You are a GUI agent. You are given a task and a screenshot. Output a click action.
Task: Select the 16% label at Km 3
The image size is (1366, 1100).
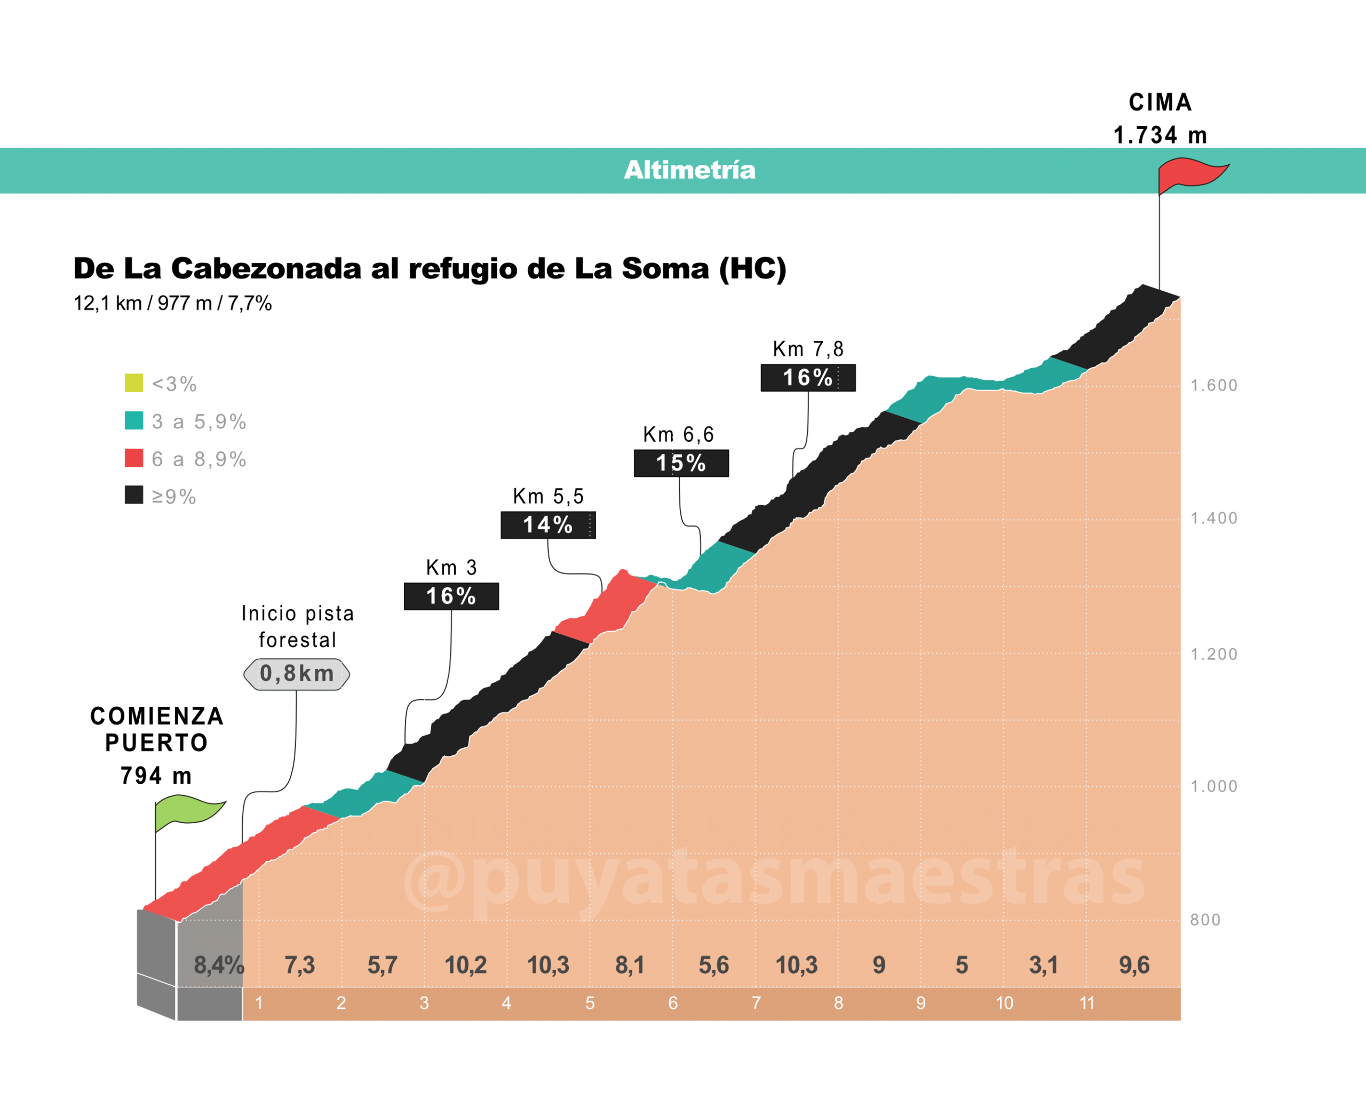(451, 596)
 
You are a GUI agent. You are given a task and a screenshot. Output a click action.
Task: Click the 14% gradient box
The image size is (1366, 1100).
(547, 525)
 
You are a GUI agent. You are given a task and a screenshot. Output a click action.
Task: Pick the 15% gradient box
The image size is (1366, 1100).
(681, 463)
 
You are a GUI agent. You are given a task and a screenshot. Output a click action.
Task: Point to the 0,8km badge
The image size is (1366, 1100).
(297, 674)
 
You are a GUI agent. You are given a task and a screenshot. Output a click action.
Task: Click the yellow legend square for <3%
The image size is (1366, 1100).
(134, 384)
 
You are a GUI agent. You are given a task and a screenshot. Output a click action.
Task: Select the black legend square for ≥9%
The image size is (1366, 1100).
(134, 496)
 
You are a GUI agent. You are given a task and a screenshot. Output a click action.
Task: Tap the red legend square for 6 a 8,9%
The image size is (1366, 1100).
(134, 458)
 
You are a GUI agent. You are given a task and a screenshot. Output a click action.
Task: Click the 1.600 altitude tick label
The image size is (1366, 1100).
(1213, 385)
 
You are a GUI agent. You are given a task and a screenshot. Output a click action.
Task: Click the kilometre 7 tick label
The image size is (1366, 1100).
(756, 1003)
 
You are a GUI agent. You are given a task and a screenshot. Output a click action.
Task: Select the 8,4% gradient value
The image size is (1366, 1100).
(219, 965)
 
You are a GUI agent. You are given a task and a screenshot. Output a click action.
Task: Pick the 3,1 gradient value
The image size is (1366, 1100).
(1043, 965)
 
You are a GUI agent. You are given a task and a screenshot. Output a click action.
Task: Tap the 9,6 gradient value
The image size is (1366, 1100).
(1134, 965)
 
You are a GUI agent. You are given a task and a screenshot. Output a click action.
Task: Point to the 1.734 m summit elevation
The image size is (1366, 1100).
(1160, 135)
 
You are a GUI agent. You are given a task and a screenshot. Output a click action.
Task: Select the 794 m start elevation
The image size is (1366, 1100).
(156, 776)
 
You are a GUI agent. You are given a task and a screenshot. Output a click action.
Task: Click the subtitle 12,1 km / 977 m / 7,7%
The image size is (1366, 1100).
(172, 304)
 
